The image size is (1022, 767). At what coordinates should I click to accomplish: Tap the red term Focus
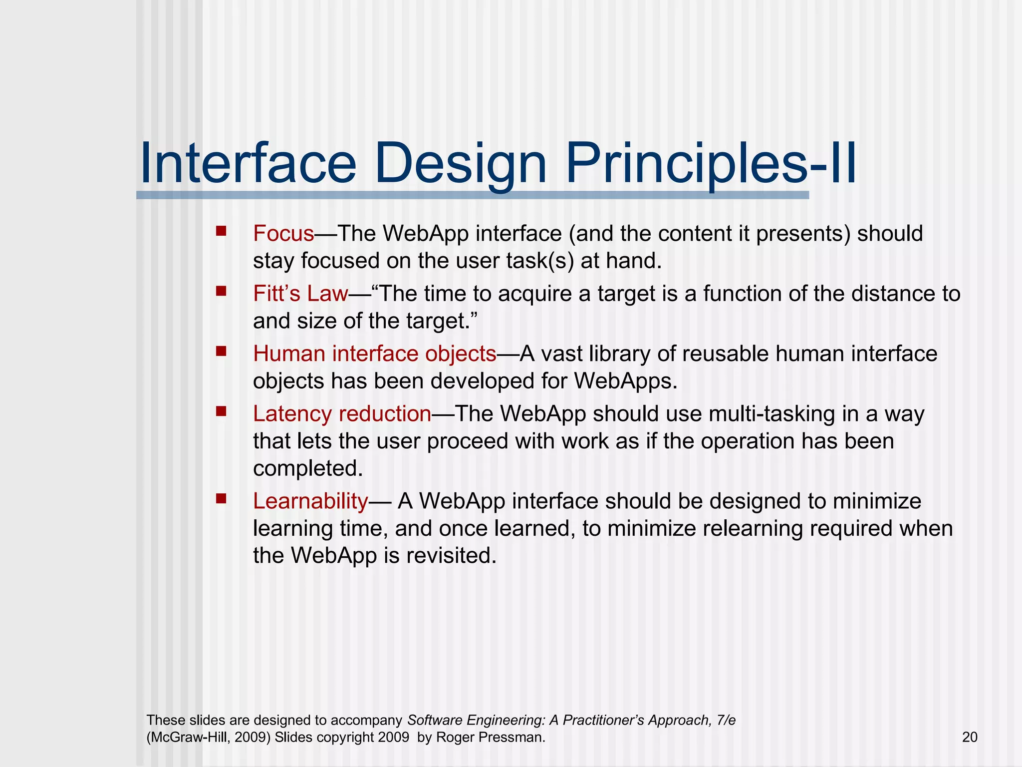283,234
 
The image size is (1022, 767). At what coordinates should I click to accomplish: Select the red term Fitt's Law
300,294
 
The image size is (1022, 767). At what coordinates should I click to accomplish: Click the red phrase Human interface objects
374,354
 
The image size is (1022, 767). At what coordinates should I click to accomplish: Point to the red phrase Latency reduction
342,414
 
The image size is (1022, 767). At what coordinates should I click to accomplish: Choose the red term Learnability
310,501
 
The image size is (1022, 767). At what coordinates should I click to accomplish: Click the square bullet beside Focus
221,231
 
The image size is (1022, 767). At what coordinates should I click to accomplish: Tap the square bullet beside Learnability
221,498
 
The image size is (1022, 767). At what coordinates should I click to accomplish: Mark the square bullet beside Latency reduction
221,411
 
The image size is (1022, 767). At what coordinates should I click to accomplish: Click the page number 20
969,738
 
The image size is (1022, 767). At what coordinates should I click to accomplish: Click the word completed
307,468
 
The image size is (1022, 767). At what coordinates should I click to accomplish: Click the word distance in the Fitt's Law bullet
893,294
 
